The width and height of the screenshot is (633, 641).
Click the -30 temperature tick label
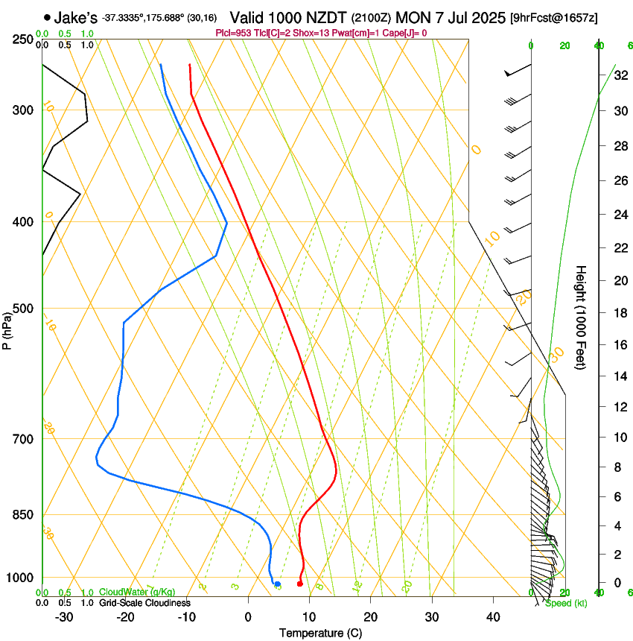click(x=65, y=617)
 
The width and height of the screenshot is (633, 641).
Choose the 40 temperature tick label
click(x=492, y=617)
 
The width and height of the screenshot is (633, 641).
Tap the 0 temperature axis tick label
click(x=248, y=617)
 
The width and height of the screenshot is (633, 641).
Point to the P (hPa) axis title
click(x=7, y=329)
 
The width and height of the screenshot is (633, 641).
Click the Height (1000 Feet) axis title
click(x=581, y=317)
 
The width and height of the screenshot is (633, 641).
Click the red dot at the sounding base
click(x=299, y=584)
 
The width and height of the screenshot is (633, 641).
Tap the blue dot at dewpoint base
click(x=277, y=584)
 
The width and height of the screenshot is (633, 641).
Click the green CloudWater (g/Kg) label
click(x=137, y=593)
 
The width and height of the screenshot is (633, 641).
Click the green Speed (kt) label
click(x=566, y=603)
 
